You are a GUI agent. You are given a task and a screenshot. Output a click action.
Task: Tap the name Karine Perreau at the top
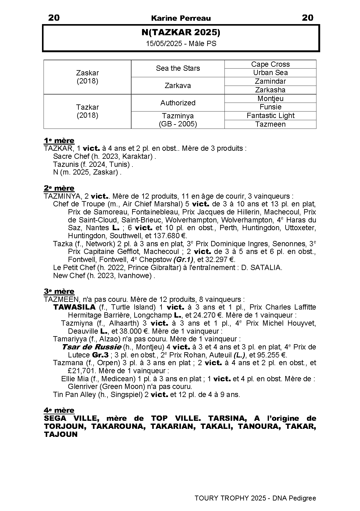pos(181,18)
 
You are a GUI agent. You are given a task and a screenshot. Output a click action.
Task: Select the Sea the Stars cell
pos(178,68)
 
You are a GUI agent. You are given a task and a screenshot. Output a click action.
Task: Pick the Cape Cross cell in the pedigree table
pos(270,64)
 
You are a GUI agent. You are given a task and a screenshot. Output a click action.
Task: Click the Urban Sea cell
pos(270,73)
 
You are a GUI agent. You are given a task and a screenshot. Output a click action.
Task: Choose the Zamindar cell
pos(270,81)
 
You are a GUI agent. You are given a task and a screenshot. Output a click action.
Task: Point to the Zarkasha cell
pos(270,90)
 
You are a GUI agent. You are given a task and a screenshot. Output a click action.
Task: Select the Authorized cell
pos(178,103)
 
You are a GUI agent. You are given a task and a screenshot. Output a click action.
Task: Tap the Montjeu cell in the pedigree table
pos(270,99)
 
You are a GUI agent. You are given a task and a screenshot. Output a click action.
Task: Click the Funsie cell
pos(270,107)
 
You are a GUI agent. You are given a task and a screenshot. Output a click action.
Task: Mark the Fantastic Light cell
pos(270,116)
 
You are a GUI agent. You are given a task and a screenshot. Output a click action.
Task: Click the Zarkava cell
pos(178,86)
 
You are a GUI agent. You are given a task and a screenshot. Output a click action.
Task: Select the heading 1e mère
pos(59,141)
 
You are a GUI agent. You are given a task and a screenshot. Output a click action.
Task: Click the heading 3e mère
pos(59,291)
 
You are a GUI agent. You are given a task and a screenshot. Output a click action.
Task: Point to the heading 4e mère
pos(59,410)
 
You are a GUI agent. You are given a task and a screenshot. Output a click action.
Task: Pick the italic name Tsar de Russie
pos(91,347)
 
